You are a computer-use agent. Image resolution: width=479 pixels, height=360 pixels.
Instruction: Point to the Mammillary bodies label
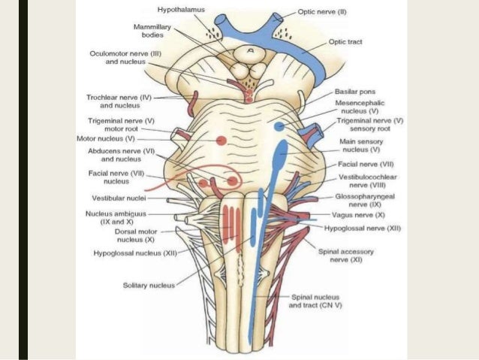[143, 31]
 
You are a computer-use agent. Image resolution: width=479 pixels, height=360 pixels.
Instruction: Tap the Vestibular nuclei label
[119, 198]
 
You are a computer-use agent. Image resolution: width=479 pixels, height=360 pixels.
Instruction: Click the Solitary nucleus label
[149, 285]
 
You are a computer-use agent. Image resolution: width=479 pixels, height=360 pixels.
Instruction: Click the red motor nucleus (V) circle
[221, 141]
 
